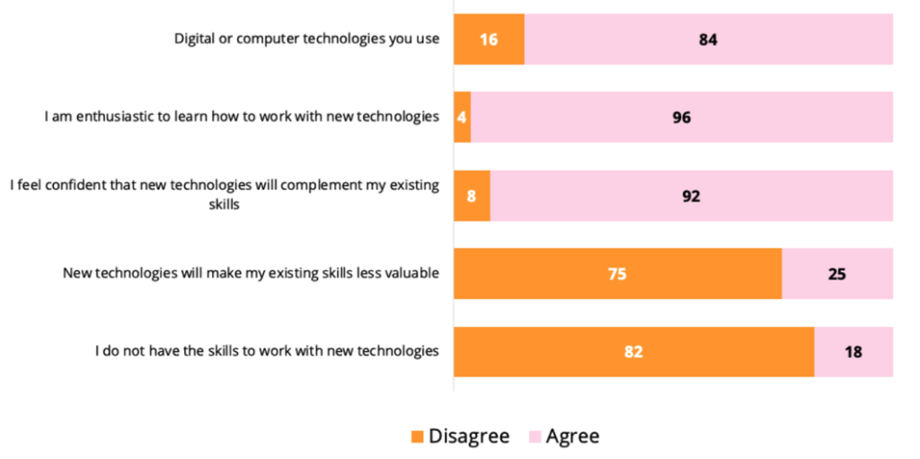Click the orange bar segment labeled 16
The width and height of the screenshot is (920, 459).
click(x=489, y=40)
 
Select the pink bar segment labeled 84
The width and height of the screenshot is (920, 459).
click(x=709, y=40)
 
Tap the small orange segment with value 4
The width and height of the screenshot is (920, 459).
click(x=462, y=117)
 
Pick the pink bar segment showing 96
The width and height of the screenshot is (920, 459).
click(x=682, y=117)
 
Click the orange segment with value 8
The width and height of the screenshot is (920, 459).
click(x=472, y=195)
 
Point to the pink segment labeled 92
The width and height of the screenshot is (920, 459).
click(x=691, y=195)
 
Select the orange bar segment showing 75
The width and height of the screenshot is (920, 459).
click(x=617, y=273)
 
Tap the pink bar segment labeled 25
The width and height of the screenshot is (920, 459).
click(x=837, y=273)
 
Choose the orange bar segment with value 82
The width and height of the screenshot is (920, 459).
click(x=633, y=351)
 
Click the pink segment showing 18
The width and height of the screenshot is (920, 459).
click(x=854, y=351)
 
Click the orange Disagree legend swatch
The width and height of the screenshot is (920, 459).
click(x=417, y=437)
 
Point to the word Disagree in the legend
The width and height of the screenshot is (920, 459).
click(x=469, y=437)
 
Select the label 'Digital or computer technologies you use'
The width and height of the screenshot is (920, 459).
click(x=306, y=40)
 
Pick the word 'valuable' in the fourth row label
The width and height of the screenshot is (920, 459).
click(x=412, y=273)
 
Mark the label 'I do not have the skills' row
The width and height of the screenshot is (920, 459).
click(x=267, y=351)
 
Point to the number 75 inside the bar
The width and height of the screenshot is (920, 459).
click(x=616, y=274)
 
